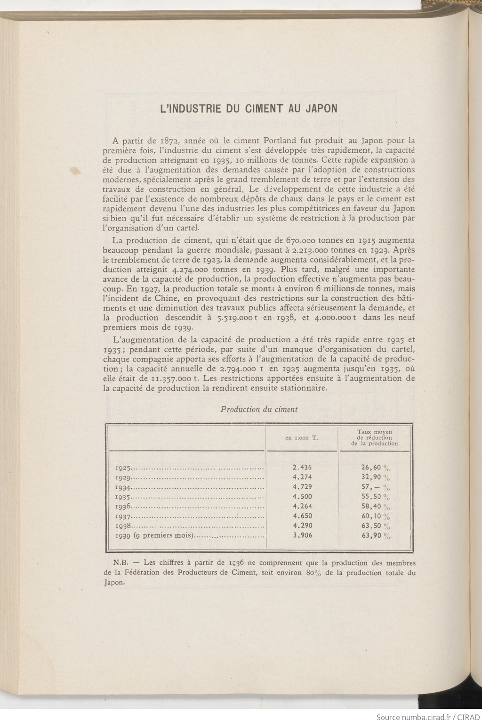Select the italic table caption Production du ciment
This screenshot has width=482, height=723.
pyautogui.click(x=259, y=409)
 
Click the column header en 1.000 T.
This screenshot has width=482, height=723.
pyautogui.click(x=302, y=438)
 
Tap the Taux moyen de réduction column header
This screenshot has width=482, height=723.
pyautogui.click(x=374, y=437)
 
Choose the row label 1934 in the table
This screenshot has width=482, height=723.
pyautogui.click(x=123, y=487)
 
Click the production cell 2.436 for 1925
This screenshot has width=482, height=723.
pyautogui.click(x=302, y=468)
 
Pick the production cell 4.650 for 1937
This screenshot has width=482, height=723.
pyautogui.click(x=302, y=516)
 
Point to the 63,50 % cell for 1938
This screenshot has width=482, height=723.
pyautogui.click(x=375, y=526)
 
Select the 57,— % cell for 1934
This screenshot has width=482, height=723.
pyautogui.click(x=375, y=487)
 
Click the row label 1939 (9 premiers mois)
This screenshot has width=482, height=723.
pyautogui.click(x=155, y=536)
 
